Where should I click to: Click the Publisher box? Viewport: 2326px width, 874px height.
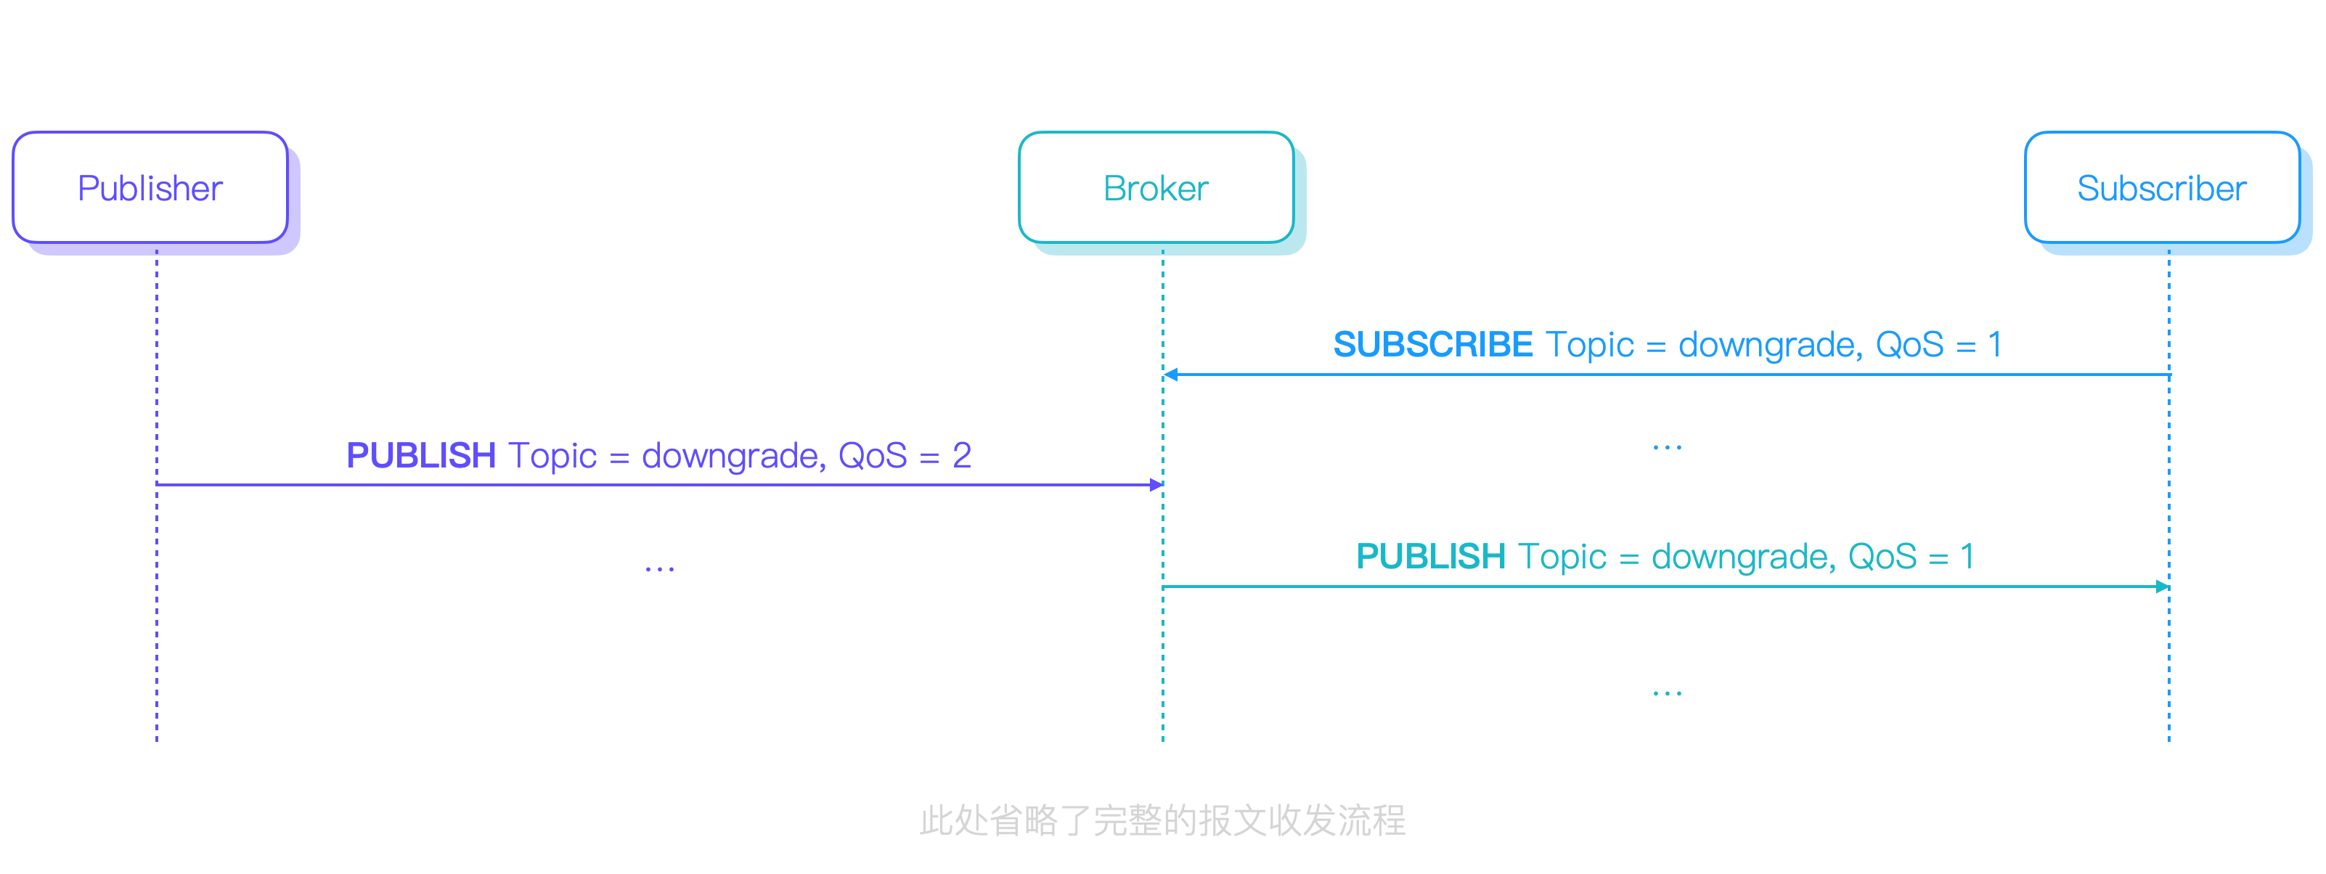(150, 188)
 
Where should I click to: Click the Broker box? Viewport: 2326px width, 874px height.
(1156, 188)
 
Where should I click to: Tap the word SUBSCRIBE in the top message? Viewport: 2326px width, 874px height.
(1432, 344)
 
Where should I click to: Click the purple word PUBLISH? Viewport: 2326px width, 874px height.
(421, 455)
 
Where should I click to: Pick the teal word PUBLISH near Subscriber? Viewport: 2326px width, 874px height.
(1430, 556)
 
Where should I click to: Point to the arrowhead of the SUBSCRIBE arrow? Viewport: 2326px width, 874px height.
(1170, 374)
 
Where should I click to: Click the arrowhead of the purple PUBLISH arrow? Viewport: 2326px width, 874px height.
(1156, 485)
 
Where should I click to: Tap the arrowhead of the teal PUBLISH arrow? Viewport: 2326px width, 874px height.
(2163, 587)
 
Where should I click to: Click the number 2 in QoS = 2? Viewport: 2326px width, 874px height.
(962, 455)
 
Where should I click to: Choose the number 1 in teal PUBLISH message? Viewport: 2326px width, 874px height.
(1967, 556)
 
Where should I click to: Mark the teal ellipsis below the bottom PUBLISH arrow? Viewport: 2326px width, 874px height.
(1667, 693)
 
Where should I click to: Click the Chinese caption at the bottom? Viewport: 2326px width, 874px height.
(1162, 820)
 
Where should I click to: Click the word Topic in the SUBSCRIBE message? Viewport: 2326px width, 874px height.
(1589, 345)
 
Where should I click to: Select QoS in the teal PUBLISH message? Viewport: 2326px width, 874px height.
(1882, 557)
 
